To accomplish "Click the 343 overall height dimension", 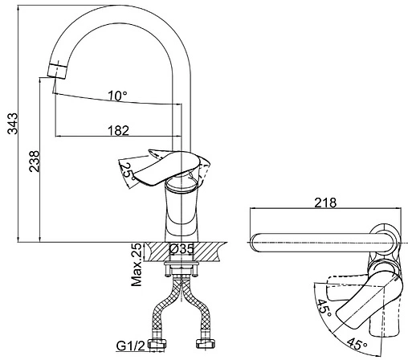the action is point(12,124).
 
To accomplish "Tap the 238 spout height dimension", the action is point(35,162).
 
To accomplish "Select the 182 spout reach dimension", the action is point(118,131).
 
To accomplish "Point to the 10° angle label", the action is point(117,96).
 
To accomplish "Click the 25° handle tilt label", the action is point(128,171).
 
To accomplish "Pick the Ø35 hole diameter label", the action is point(182,249).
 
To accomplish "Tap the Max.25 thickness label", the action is point(137,264).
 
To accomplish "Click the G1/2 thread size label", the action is point(130,346).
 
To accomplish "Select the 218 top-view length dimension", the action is point(325,202).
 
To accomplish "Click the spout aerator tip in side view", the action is point(57,70).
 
